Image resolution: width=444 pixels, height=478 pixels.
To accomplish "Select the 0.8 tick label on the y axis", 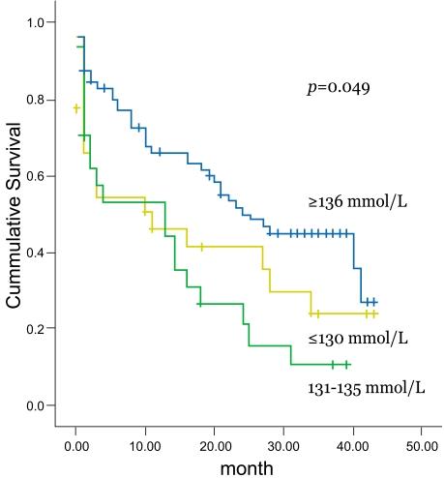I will click(37, 99).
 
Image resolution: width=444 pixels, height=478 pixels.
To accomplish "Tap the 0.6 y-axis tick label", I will click(37, 175).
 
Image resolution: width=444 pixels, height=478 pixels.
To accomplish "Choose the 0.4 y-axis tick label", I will click(37, 252).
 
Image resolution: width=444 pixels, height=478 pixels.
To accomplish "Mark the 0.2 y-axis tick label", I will click(37, 328).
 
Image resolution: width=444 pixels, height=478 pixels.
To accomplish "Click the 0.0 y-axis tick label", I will click(37, 404).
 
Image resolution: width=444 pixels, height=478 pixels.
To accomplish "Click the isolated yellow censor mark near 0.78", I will click(76, 108).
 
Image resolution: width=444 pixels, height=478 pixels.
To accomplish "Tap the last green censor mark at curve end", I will click(346, 365).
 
